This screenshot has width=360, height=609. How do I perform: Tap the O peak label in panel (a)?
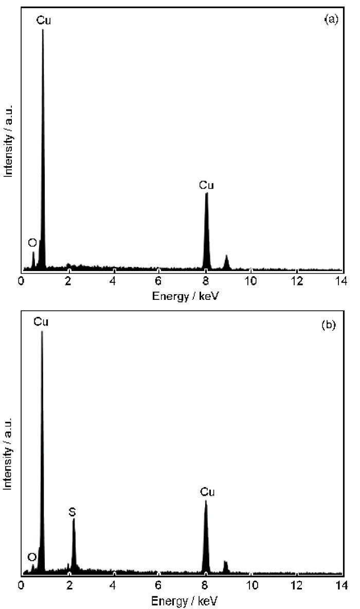(x=32, y=242)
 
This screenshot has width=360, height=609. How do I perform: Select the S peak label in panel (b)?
(x=73, y=512)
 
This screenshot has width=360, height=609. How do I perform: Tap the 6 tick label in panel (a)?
(x=158, y=280)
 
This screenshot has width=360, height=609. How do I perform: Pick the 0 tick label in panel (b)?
(x=21, y=585)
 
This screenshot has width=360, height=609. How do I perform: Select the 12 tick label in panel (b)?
(x=297, y=585)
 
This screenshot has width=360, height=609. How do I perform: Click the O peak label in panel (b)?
(x=32, y=557)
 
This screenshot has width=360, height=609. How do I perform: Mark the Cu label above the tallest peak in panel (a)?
(x=44, y=20)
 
